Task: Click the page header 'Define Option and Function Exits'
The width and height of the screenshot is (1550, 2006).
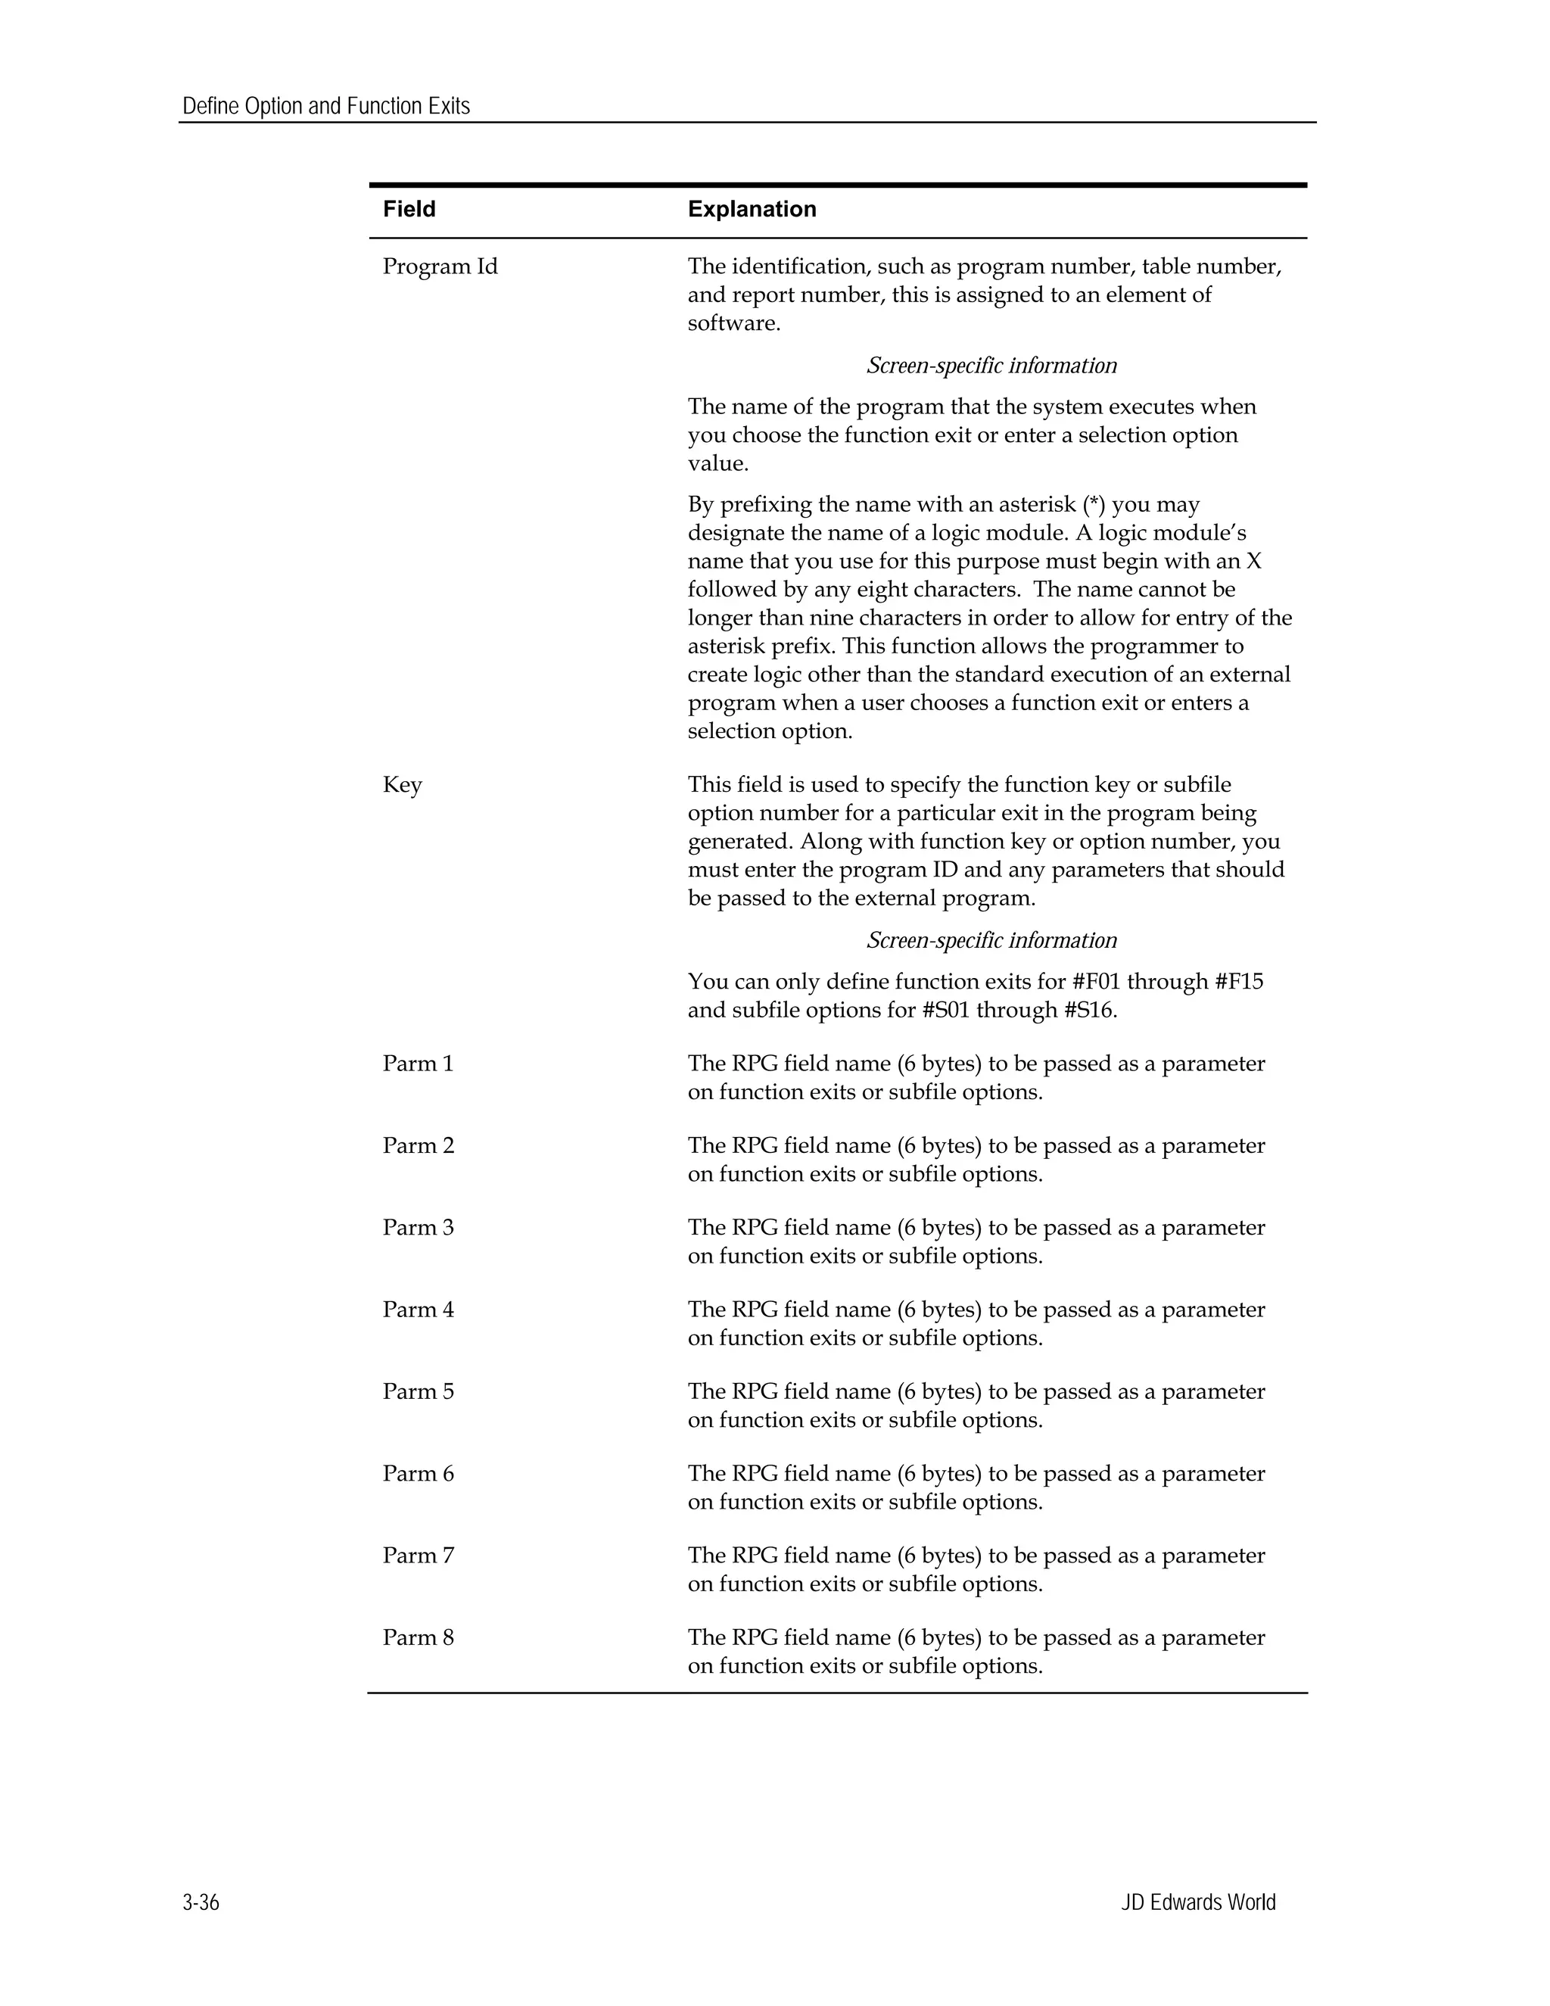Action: click(326, 107)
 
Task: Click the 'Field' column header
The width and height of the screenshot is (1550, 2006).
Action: click(409, 210)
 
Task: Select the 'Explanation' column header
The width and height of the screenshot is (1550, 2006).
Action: click(751, 210)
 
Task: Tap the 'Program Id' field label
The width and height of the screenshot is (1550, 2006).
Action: click(440, 266)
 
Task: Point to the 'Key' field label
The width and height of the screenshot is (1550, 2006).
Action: click(402, 784)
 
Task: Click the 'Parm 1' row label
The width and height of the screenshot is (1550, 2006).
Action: click(418, 1064)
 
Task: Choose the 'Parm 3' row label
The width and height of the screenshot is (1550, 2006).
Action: click(418, 1227)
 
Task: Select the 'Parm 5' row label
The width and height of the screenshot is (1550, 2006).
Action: click(418, 1391)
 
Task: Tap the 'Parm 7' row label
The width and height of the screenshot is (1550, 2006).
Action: click(418, 1555)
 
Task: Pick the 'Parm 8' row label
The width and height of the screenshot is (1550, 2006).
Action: click(418, 1637)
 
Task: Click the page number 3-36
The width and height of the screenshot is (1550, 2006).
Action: click(201, 1902)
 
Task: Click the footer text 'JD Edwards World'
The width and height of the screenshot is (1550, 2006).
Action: click(1197, 1902)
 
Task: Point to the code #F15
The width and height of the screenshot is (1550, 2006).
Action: click(1239, 982)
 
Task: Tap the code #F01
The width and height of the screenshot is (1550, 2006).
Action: click(1097, 982)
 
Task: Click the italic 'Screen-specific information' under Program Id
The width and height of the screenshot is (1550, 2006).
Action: click(991, 366)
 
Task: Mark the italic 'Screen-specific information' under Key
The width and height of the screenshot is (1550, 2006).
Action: click(991, 940)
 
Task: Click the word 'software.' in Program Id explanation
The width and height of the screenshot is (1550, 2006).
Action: click(733, 323)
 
